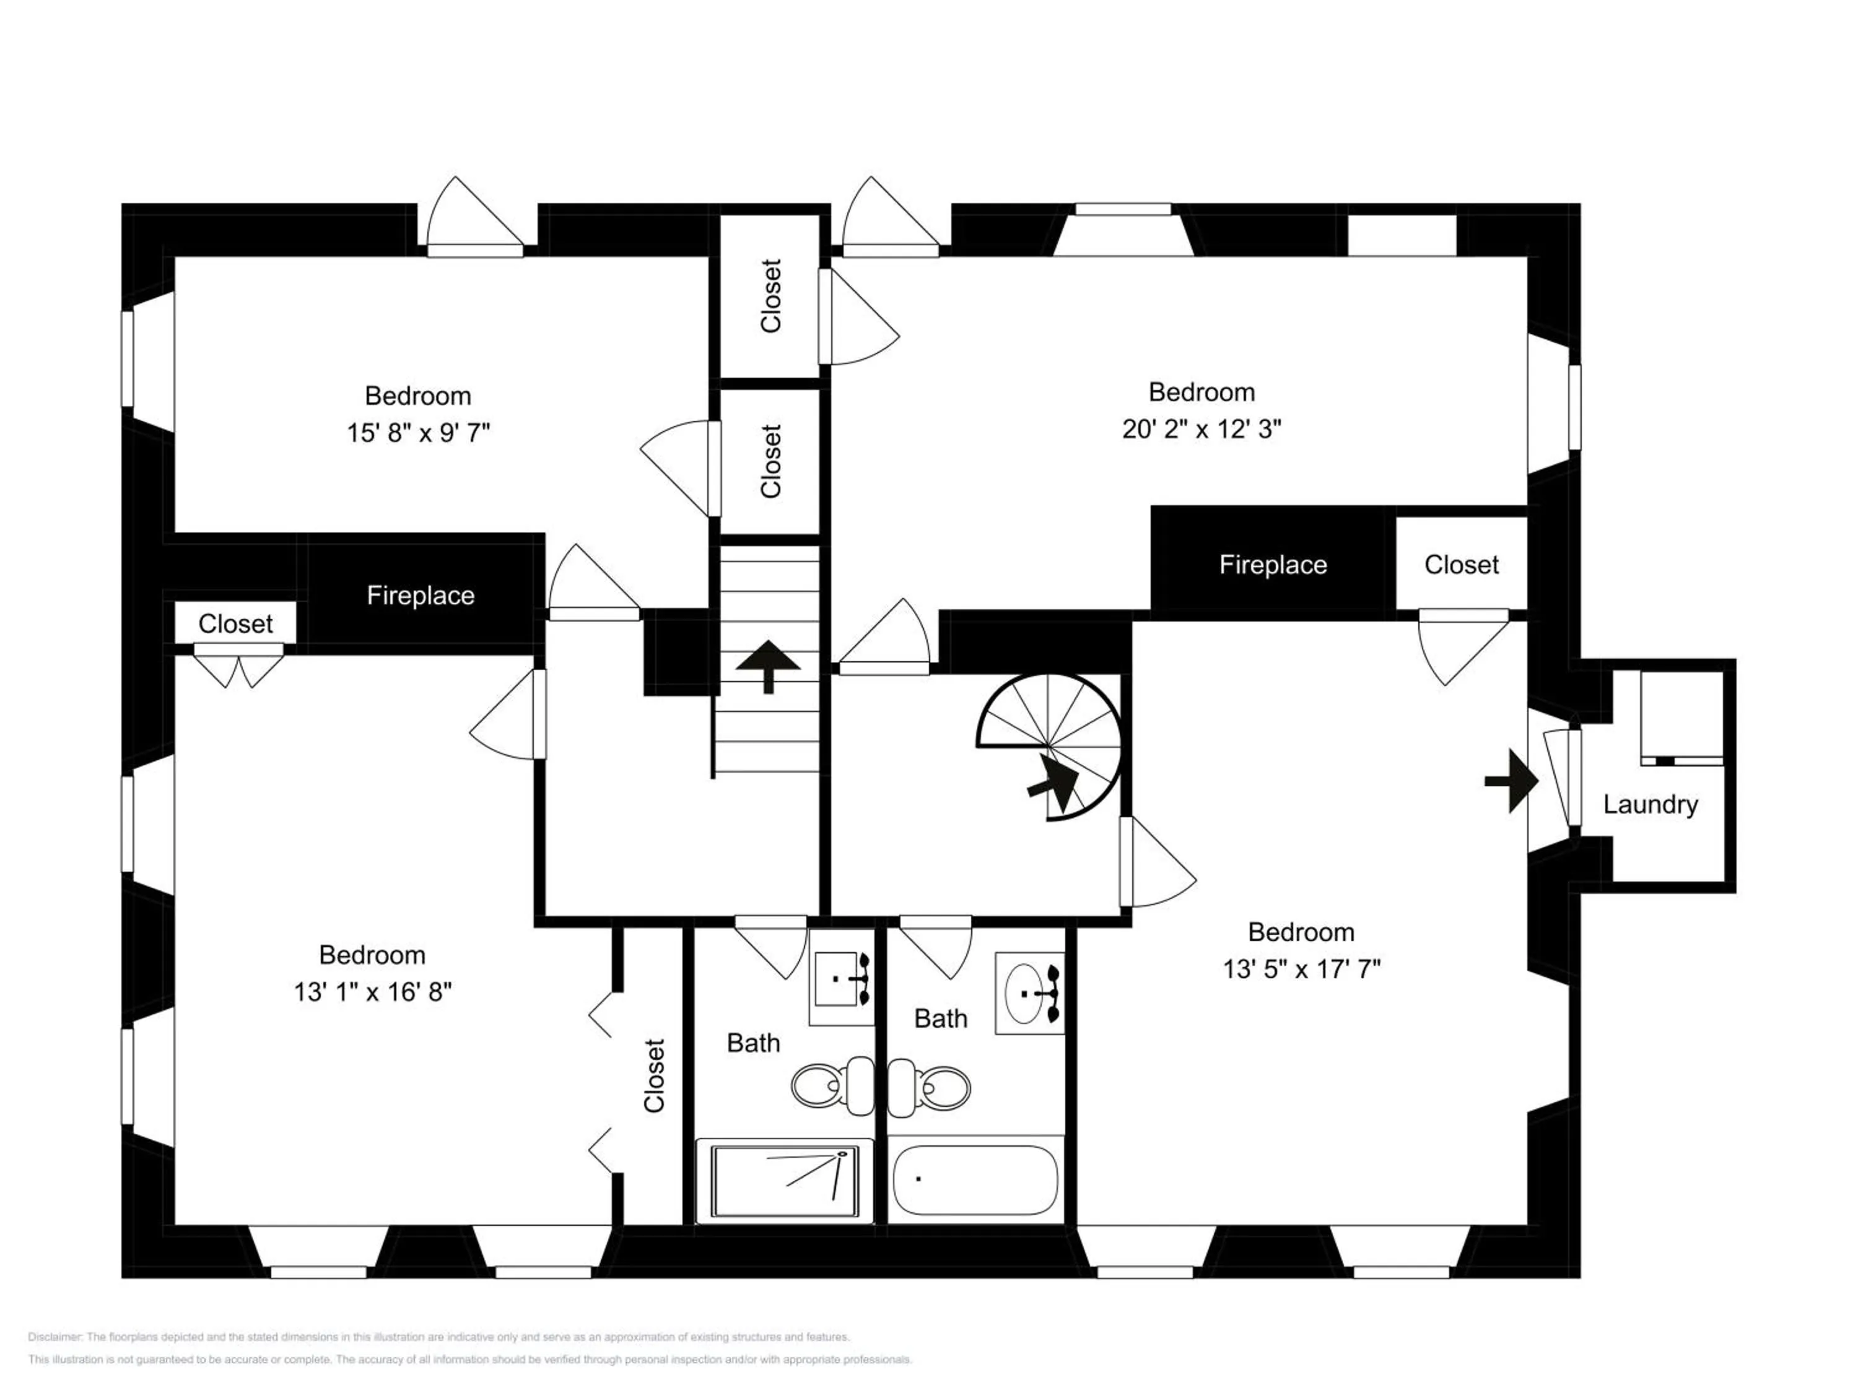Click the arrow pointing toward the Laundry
1512,781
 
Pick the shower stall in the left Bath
785,1180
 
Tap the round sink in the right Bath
1025,993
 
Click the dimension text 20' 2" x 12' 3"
1201,429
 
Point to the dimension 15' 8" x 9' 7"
418,432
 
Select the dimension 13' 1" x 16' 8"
372,992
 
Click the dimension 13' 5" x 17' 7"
1301,969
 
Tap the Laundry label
1650,804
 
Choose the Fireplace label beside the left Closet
420,596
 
